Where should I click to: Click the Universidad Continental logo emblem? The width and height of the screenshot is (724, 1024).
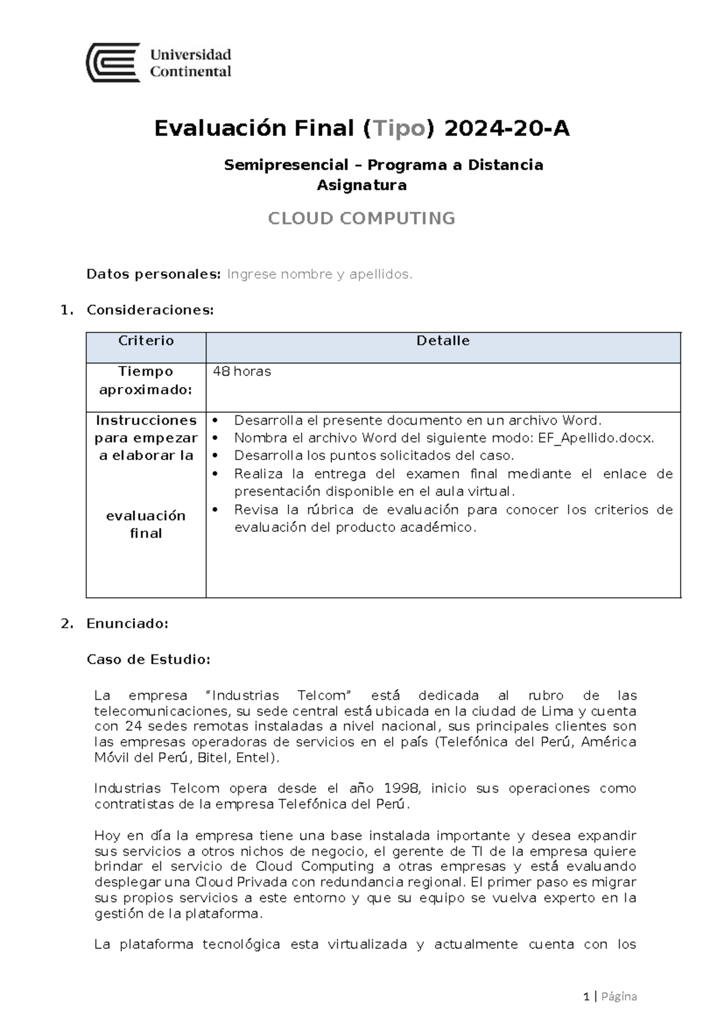pyautogui.click(x=113, y=63)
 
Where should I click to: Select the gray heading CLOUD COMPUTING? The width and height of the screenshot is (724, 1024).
pyautogui.click(x=361, y=218)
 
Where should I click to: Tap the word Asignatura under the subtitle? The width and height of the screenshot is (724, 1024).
pyautogui.click(x=361, y=185)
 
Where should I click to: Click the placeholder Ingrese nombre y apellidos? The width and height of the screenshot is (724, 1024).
pyautogui.click(x=320, y=274)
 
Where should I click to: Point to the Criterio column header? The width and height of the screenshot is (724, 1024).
pyautogui.click(x=146, y=341)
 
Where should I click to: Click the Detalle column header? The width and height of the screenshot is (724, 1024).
pyautogui.click(x=443, y=341)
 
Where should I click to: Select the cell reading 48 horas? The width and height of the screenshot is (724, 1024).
pyautogui.click(x=242, y=371)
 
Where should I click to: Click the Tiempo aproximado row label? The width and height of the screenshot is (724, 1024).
pyautogui.click(x=146, y=380)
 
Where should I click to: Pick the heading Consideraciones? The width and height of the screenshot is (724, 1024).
pyautogui.click(x=150, y=310)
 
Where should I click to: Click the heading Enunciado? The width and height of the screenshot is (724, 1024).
pyautogui.click(x=127, y=623)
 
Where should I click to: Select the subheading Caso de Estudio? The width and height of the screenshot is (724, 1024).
pyautogui.click(x=148, y=659)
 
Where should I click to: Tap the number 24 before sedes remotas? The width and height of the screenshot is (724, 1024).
pyautogui.click(x=133, y=726)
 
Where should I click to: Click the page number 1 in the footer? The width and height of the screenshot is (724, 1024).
pyautogui.click(x=586, y=996)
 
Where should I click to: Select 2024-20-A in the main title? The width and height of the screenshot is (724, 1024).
pyautogui.click(x=506, y=129)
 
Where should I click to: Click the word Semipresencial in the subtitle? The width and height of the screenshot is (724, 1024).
pyautogui.click(x=286, y=165)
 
